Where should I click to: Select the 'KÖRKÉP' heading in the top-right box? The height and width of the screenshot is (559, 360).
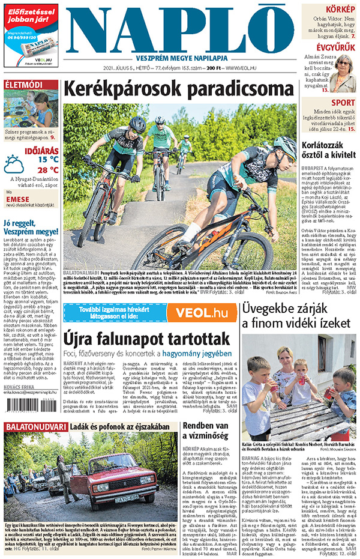(x=340, y=9)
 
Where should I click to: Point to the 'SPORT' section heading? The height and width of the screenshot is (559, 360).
(x=343, y=103)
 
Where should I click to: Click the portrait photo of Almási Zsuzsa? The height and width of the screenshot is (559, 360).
(x=343, y=73)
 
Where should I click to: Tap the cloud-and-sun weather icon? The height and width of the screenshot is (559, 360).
(x=14, y=164)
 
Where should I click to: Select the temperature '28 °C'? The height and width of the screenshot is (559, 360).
(x=49, y=170)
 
